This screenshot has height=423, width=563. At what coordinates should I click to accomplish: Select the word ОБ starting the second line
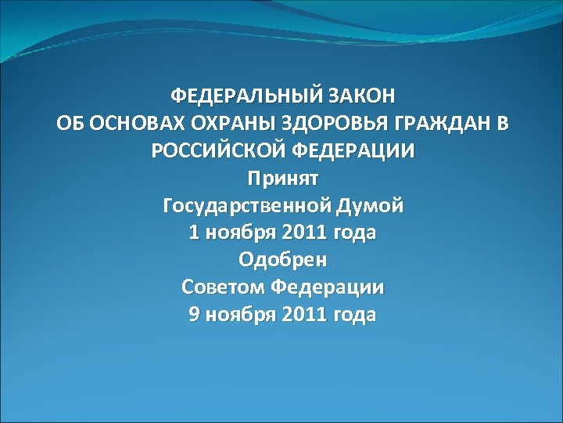tap(68, 124)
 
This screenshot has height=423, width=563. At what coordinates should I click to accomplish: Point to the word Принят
tap(282, 179)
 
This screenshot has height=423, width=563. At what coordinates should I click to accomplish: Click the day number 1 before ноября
tap(194, 233)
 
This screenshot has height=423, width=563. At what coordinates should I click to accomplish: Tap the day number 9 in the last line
tap(194, 315)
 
